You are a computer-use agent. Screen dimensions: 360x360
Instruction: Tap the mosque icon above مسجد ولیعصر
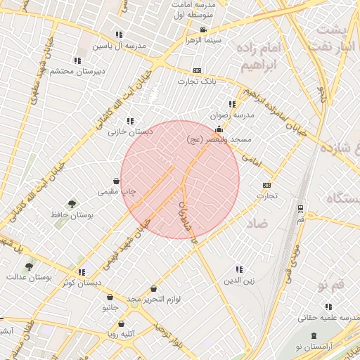(219, 129)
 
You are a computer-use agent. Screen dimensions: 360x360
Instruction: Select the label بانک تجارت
(197, 82)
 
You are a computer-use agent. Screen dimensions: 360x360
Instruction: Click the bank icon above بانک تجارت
(197, 71)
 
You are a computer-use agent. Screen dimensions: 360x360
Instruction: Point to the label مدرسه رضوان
(232, 115)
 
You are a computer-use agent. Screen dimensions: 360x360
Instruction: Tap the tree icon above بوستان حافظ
(71, 204)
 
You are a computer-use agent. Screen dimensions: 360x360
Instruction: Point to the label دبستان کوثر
(82, 283)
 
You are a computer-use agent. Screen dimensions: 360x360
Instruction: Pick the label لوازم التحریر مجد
(154, 300)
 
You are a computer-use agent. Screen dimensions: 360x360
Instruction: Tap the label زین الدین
(239, 280)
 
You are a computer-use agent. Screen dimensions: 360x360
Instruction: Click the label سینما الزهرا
(203, 40)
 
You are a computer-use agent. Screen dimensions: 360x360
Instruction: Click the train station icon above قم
(301, 209)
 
